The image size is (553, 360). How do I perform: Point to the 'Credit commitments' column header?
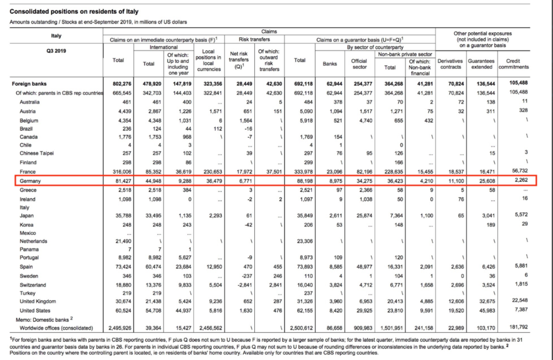click(513, 64)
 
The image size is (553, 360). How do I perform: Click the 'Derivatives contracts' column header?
click(450, 64)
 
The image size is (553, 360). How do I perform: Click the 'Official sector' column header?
click(359, 64)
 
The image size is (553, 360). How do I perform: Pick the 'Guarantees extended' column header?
click(481, 64)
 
